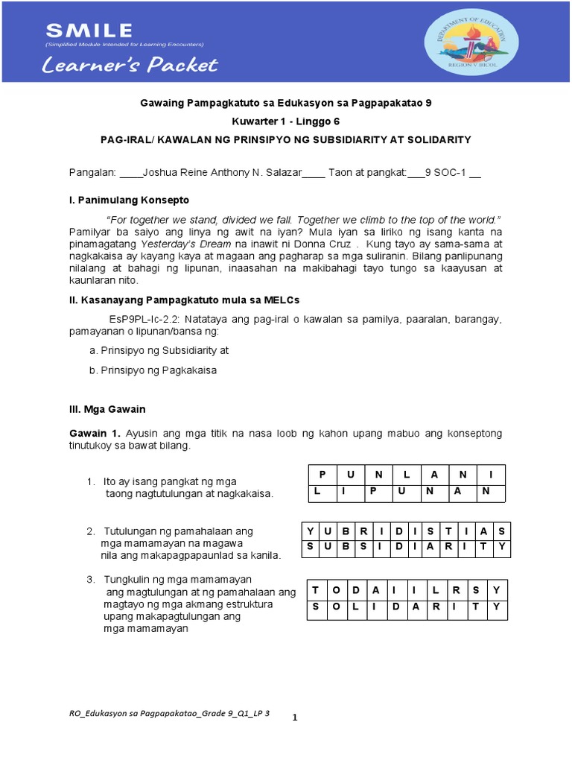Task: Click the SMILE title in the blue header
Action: pyautogui.click(x=89, y=31)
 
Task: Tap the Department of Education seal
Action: pyautogui.click(x=467, y=41)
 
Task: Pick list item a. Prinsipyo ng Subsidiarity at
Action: pyautogui.click(x=159, y=349)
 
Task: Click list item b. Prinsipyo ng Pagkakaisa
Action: pyautogui.click(x=158, y=370)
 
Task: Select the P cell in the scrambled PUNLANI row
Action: pyautogui.click(x=322, y=475)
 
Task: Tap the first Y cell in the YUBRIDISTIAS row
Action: pyautogui.click(x=308, y=531)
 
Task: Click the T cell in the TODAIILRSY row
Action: pyautogui.click(x=316, y=589)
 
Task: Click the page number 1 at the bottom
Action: pyautogui.click(x=295, y=718)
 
